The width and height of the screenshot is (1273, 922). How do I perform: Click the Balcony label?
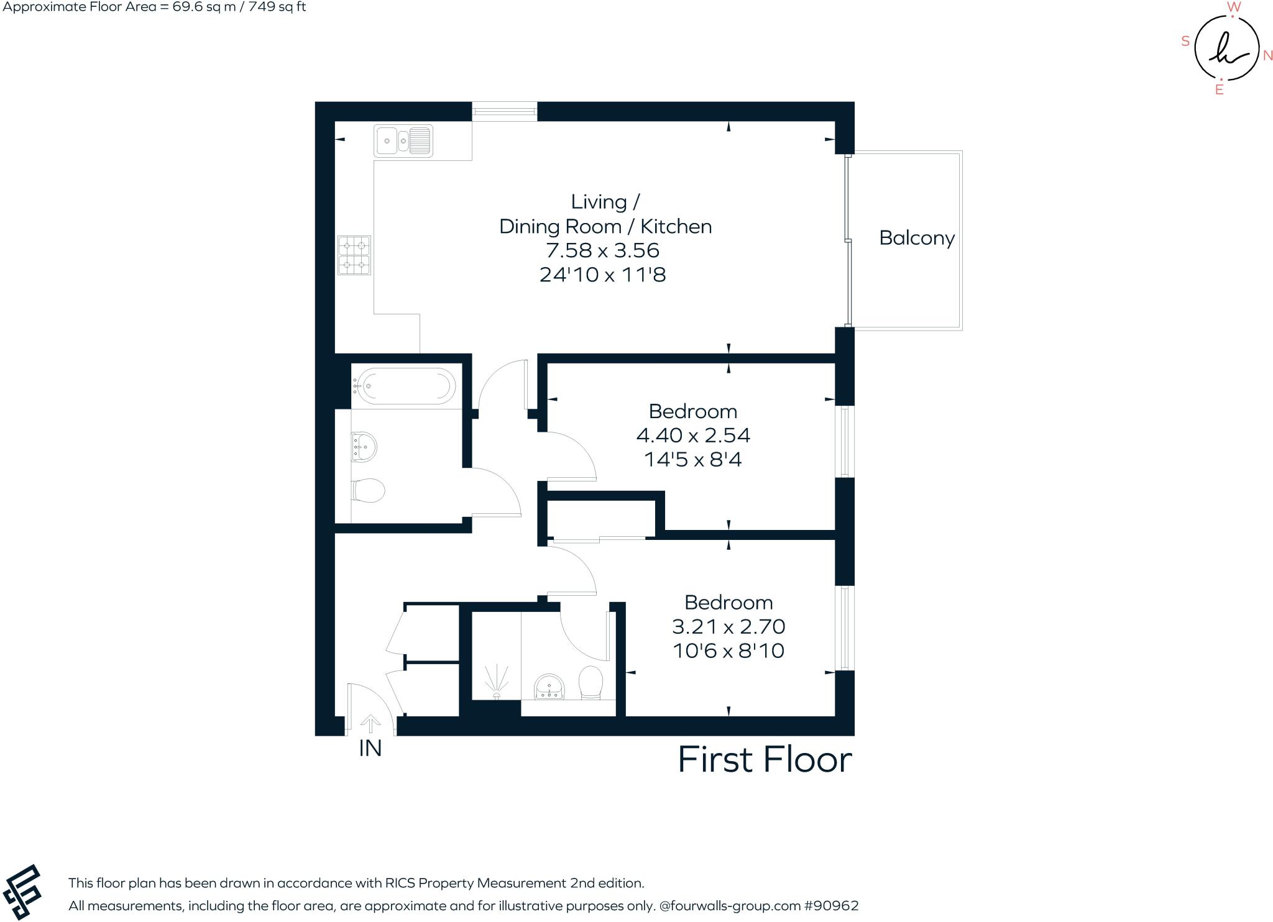916,239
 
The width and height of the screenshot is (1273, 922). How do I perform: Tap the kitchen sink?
403,140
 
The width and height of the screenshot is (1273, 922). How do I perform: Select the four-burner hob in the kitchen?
354,255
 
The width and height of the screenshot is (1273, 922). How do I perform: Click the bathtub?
403,386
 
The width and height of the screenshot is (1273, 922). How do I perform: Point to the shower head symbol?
496,681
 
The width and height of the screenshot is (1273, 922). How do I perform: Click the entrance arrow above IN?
370,723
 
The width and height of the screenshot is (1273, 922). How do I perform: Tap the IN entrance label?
370,749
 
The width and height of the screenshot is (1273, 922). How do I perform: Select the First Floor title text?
764,760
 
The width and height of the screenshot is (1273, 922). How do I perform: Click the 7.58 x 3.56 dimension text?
602,250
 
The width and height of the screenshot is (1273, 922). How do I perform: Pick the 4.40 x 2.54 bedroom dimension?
693,435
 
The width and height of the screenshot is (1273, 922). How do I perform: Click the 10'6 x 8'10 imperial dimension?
728,651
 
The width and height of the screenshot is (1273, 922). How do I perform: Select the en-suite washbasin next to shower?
549,687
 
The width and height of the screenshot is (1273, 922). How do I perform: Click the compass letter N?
1268,56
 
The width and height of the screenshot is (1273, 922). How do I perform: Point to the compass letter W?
1234,7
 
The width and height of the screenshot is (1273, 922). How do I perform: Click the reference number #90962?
831,906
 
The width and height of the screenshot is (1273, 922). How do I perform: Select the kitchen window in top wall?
504,112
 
